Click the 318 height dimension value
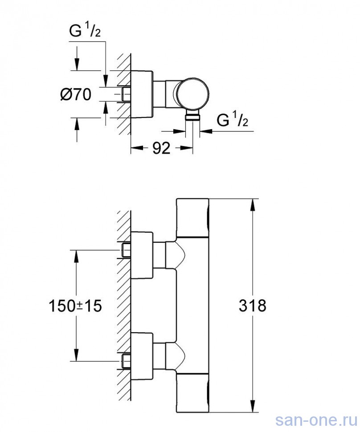point(253,306)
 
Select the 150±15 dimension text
point(75,306)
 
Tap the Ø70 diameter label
point(75,94)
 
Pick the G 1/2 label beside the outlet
point(232,121)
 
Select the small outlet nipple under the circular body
point(192,117)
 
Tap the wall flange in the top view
point(142,94)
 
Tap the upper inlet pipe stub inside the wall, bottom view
point(126,250)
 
